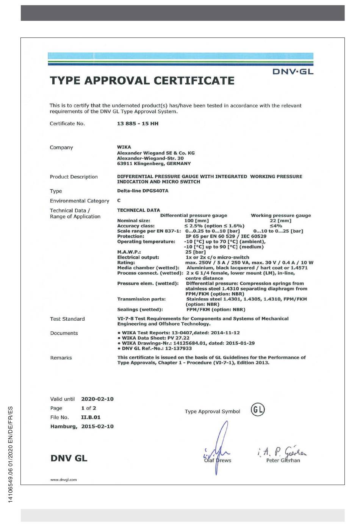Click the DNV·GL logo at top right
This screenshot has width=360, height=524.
293,72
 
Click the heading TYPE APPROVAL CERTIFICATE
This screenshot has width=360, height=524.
142,81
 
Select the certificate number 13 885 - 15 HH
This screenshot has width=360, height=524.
138,124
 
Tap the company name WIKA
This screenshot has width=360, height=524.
124,147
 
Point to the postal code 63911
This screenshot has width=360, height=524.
125,164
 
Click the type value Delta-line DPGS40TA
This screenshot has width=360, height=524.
142,191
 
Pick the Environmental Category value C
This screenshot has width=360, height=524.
119,201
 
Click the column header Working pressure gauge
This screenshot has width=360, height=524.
280,215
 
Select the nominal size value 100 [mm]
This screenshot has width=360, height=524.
196,221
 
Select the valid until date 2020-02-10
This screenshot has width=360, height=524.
97,399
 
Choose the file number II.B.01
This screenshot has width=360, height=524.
91,417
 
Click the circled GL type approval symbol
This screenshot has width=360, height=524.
258,409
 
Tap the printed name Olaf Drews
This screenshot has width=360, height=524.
218,460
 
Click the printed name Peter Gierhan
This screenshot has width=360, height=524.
283,460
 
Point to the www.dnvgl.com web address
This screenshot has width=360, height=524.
63,480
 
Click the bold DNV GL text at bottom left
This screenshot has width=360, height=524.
69,458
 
